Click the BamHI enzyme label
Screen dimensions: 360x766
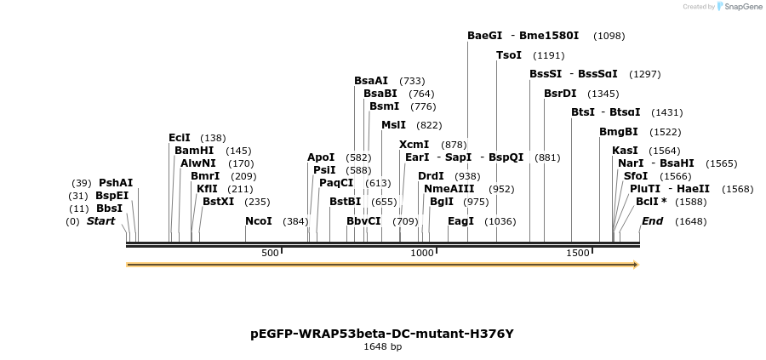coord(194,151)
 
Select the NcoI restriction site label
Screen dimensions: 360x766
coord(259,221)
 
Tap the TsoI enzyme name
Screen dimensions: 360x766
coord(509,55)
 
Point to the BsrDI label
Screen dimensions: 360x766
coord(560,94)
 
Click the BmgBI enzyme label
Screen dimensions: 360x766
coord(619,132)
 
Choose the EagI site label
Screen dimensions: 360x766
coord(460,221)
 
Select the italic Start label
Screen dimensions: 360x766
coord(100,221)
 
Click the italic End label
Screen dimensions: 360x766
coord(652,221)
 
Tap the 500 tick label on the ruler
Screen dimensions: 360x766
coord(270,254)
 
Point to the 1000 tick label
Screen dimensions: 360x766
coord(422,254)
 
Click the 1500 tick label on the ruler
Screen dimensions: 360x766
coord(578,254)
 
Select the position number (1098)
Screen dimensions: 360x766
coord(609,37)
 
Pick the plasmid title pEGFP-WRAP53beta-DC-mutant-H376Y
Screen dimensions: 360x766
coord(382,334)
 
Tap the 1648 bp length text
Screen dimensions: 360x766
coord(382,347)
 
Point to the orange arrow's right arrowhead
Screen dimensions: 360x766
coord(634,265)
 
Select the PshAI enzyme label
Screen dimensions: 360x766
coord(116,183)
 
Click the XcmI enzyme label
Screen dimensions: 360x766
coord(414,145)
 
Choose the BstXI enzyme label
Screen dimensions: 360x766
coord(218,202)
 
